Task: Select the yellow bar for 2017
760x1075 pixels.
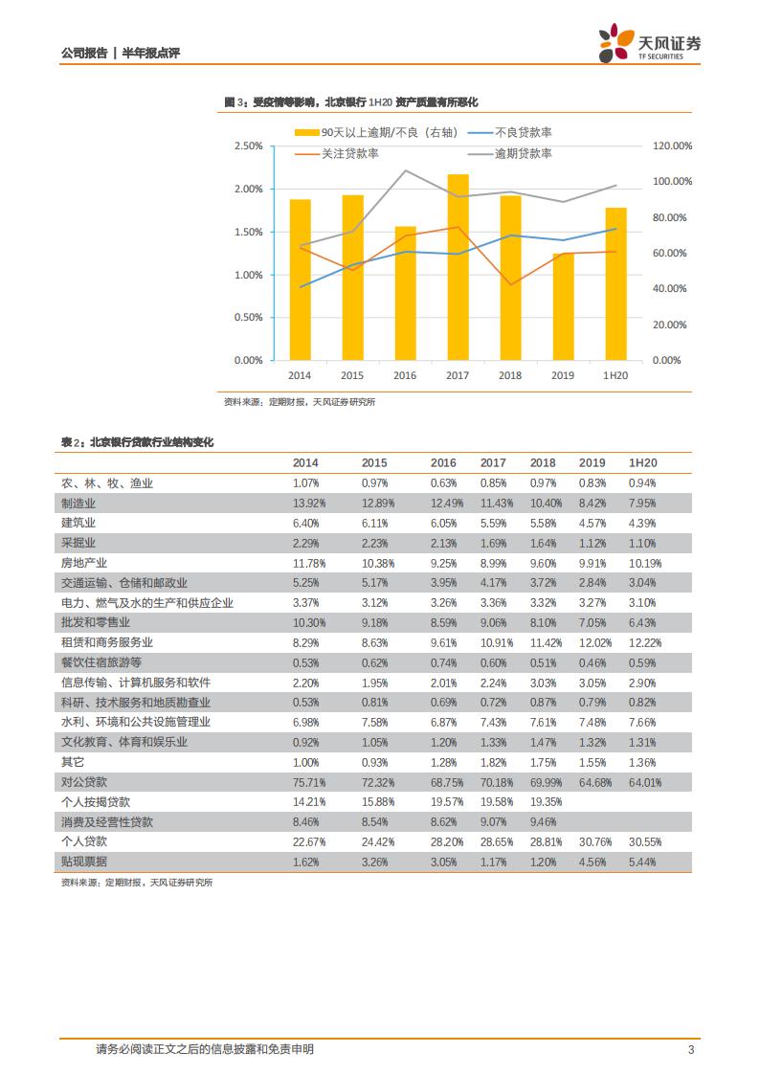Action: pyautogui.click(x=458, y=267)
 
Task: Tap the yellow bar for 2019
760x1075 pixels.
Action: pyautogui.click(x=563, y=306)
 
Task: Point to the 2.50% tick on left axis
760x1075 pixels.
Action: pyautogui.click(x=248, y=146)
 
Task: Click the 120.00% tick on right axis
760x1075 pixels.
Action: pyautogui.click(x=671, y=146)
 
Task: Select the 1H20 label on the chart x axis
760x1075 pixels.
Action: pyautogui.click(x=615, y=375)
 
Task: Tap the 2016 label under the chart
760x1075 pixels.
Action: pyautogui.click(x=405, y=375)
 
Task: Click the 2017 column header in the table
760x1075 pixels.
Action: pyautogui.click(x=493, y=463)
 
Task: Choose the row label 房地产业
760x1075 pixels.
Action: pyautogui.click(x=84, y=563)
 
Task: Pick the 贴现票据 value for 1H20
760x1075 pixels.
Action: pyautogui.click(x=642, y=862)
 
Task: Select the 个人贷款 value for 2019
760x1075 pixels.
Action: pyautogui.click(x=592, y=841)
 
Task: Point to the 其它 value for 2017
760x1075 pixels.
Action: pyautogui.click(x=494, y=762)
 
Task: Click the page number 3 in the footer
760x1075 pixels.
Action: pyautogui.click(x=691, y=1049)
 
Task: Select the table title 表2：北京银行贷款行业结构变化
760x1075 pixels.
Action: pyautogui.click(x=137, y=442)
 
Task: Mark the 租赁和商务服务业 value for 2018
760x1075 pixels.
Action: pyautogui.click(x=543, y=642)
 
